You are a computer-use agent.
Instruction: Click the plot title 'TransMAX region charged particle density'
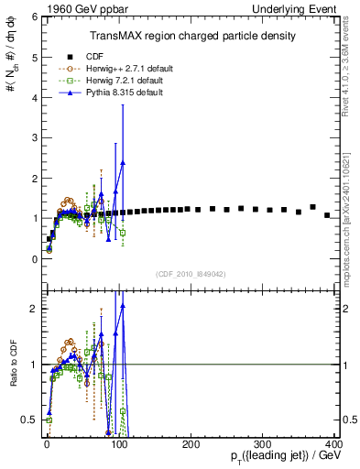(x=191, y=36)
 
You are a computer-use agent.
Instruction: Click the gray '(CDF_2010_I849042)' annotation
(x=191, y=274)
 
